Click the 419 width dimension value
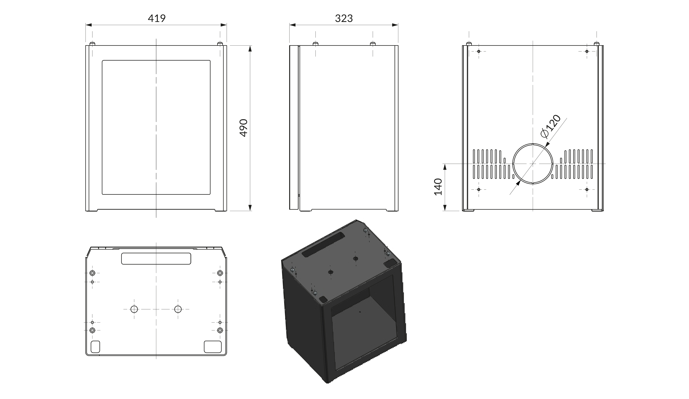coord(157,18)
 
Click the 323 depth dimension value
coord(344,18)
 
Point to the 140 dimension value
coord(438,187)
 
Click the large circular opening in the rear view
coord(533,164)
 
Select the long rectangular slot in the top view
coord(156,258)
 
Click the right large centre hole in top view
coord(178,309)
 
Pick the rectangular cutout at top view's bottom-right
coord(213,346)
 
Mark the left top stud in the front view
coord(92,44)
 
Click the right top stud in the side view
coord(373,44)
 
